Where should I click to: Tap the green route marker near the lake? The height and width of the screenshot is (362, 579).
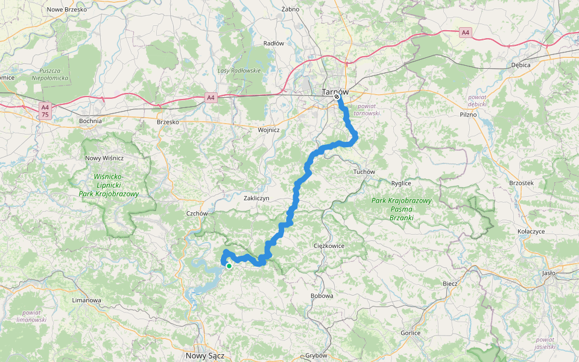(x=229, y=265)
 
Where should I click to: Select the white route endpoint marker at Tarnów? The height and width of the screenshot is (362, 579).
(x=337, y=97)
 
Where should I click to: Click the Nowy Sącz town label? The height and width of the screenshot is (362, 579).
(x=205, y=356)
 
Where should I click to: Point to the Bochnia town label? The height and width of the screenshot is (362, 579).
(x=90, y=121)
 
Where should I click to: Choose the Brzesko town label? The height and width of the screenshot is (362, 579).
(x=168, y=122)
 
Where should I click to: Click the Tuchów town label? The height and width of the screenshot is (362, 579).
(x=364, y=172)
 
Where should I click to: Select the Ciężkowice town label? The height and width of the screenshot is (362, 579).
(x=329, y=246)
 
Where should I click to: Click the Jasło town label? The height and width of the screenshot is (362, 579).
(x=548, y=273)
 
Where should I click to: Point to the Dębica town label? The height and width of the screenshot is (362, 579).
(x=520, y=65)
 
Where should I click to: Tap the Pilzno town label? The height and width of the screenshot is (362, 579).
(x=468, y=114)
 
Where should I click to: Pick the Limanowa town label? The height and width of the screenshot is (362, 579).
(x=86, y=300)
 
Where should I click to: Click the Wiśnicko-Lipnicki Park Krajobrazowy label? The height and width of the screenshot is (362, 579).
(x=109, y=185)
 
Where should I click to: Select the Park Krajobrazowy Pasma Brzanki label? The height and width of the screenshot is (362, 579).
(x=401, y=208)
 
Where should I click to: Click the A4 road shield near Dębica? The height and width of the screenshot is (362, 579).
(x=465, y=33)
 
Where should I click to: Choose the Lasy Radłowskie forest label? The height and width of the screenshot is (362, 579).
(x=239, y=71)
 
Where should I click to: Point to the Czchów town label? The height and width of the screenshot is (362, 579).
(x=197, y=214)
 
